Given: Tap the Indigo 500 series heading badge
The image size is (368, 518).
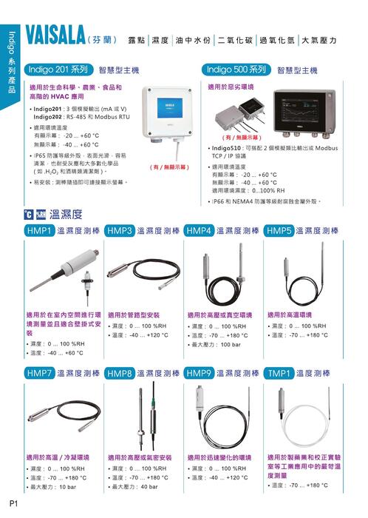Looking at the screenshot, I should pyautogui.click(x=236, y=70).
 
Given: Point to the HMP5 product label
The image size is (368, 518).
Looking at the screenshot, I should pyautogui.click(x=279, y=232).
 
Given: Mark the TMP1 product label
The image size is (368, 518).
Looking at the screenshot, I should pyautogui.click(x=279, y=374).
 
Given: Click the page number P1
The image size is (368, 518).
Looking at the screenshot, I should pyautogui.click(x=14, y=504).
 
